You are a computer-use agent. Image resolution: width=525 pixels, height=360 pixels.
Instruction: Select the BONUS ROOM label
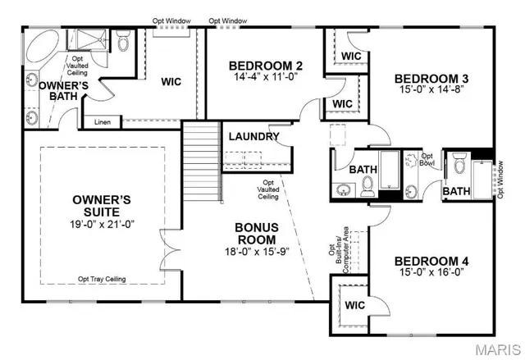point(257,233)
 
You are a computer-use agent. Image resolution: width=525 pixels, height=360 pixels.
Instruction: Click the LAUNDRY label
point(253,137)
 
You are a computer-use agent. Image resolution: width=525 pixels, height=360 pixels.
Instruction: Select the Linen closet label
point(103,123)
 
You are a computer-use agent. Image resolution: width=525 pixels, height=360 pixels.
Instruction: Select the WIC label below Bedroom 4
point(354,305)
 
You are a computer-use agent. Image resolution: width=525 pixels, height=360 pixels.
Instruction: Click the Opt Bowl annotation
point(427,159)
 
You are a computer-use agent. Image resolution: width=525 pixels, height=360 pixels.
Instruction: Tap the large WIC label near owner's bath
point(171,82)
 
